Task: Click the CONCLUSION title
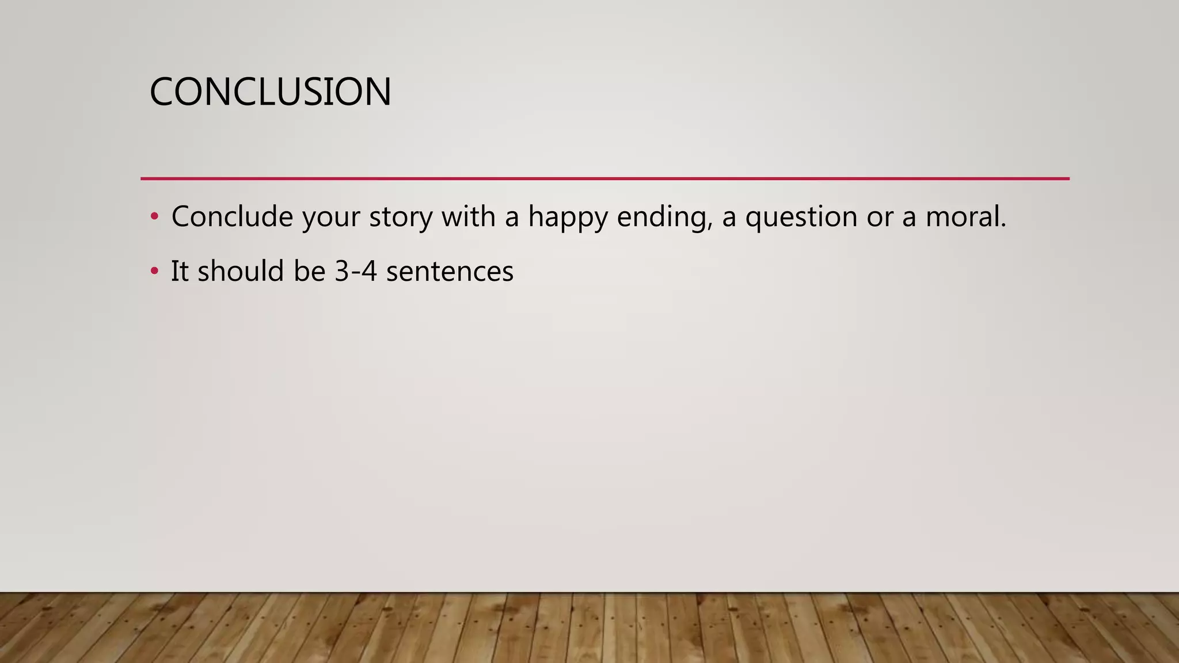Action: click(x=270, y=92)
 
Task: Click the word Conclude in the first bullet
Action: click(x=232, y=217)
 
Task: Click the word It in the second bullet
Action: click(x=180, y=271)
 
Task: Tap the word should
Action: click(x=241, y=270)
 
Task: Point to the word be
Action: click(x=309, y=270)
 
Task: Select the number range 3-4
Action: click(x=356, y=271)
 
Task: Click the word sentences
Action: click(x=450, y=272)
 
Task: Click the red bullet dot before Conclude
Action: click(x=154, y=217)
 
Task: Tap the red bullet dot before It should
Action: click(x=154, y=271)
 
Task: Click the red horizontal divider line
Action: click(x=604, y=179)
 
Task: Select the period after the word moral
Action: click(x=1003, y=226)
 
